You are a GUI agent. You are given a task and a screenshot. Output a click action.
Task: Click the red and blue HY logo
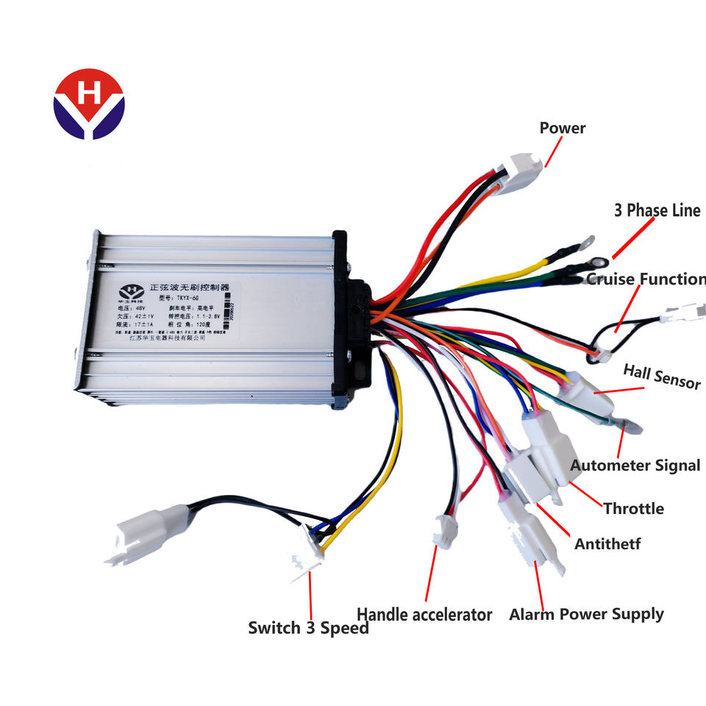[x=89, y=104]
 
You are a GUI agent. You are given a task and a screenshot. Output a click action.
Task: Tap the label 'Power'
[x=563, y=128]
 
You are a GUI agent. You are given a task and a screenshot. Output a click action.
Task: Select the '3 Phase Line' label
[x=657, y=210]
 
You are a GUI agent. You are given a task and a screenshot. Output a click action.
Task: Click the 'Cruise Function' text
[x=646, y=279]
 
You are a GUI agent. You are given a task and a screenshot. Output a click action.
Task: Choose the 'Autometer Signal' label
[x=635, y=465]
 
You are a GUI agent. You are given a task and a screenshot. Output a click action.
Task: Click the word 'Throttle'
[x=633, y=508]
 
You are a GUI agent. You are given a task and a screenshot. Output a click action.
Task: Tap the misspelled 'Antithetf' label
[x=607, y=544]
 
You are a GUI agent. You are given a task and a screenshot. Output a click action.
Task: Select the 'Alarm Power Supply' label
[x=586, y=614]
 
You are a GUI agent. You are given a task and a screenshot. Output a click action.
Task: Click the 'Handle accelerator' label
[x=424, y=614]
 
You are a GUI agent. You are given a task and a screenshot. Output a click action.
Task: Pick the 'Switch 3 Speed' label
[x=308, y=628]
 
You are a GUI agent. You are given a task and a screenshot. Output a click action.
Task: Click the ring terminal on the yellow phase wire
[x=585, y=242]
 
